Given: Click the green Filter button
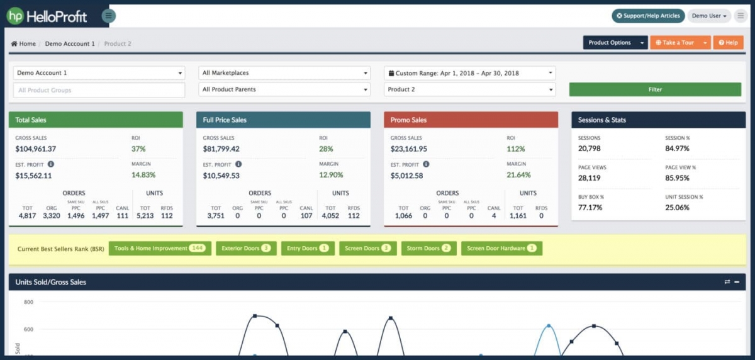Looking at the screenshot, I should point(655,89).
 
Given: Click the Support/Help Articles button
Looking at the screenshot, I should point(648,16).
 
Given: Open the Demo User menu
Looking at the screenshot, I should point(709,16).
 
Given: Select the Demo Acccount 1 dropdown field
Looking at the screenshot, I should point(99,73).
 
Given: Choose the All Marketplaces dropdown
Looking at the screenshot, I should point(284,73).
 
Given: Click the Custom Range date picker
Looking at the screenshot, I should point(469,73).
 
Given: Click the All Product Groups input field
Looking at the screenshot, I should point(99,90).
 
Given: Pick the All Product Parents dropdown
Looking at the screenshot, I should point(284,89).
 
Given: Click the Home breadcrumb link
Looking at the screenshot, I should point(23,44).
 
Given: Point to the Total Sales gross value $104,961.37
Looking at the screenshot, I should point(36,149).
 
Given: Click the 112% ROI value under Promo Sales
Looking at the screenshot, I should point(515,149).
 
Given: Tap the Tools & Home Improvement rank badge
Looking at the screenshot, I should point(160,249).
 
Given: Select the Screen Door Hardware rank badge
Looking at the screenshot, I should point(501,249).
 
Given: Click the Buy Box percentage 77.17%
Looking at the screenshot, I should point(591,207).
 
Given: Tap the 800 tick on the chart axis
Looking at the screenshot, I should point(28,302).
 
